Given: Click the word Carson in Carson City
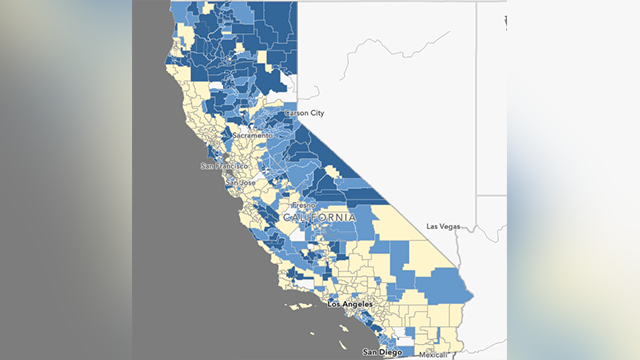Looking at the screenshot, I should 298,114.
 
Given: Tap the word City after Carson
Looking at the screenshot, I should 317,114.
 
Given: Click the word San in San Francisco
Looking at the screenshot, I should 207,166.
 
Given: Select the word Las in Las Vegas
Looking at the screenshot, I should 434,227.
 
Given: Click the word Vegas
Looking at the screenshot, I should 450,227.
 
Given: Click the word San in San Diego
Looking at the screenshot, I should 370,353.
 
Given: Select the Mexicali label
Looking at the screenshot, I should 435,355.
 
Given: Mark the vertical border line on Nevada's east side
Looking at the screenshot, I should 477,100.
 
